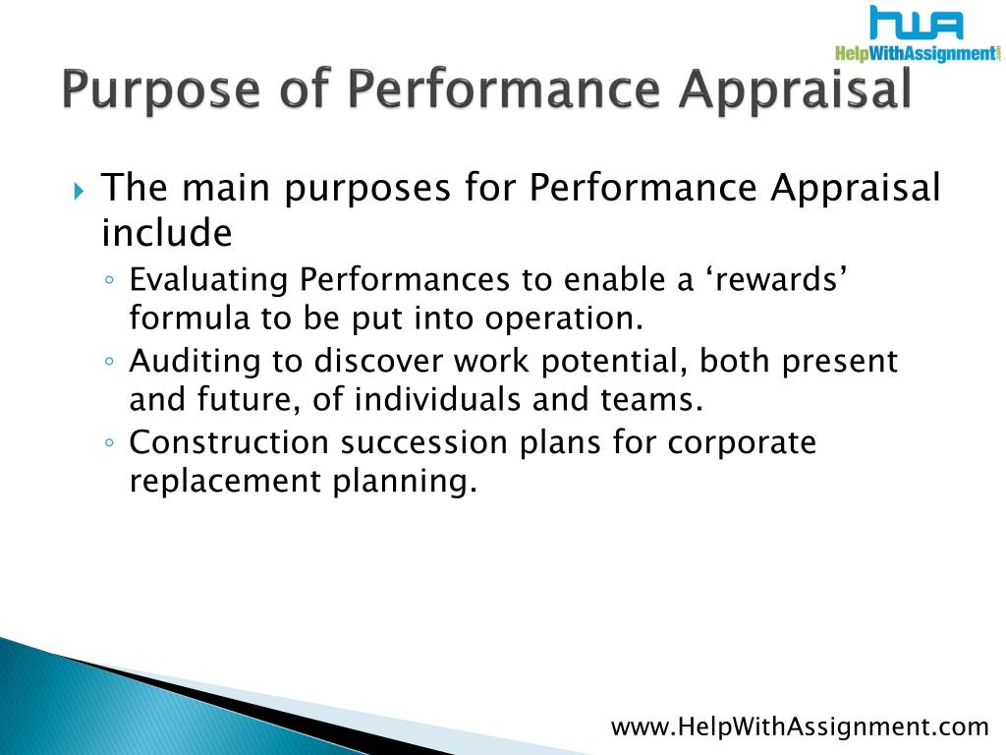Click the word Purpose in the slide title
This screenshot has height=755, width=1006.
pyautogui.click(x=161, y=89)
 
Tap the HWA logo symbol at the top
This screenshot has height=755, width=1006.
pyautogui.click(x=917, y=24)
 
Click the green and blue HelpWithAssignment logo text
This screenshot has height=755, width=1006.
pyautogui.click(x=918, y=53)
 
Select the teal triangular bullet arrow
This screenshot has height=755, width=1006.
pyautogui.click(x=79, y=191)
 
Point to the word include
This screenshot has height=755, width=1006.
pyautogui.click(x=167, y=232)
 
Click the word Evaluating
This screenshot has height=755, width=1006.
pyautogui.click(x=208, y=280)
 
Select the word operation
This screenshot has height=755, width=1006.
pyautogui.click(x=563, y=319)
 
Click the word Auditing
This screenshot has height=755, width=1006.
pyautogui.click(x=196, y=362)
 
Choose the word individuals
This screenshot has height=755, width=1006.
pyautogui.click(x=437, y=399)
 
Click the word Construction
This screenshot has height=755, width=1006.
pyautogui.click(x=229, y=442)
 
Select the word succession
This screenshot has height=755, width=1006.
pyautogui.click(x=424, y=442)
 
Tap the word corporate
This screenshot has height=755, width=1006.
pyautogui.click(x=742, y=443)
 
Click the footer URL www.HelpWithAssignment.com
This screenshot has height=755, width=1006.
pyautogui.click(x=800, y=727)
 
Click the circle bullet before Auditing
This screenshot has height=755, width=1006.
pyautogui.click(x=110, y=362)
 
